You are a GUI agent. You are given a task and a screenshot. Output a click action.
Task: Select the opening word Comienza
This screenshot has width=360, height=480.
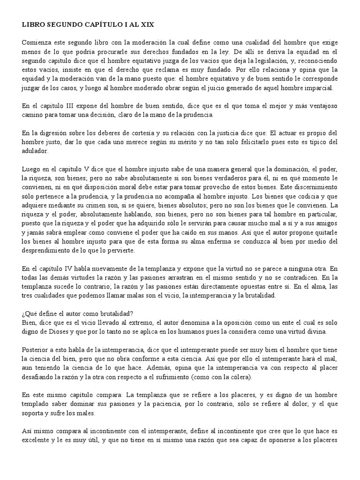(x=36, y=42)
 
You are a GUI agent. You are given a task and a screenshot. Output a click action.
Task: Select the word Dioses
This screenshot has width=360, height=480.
(x=55, y=332)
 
